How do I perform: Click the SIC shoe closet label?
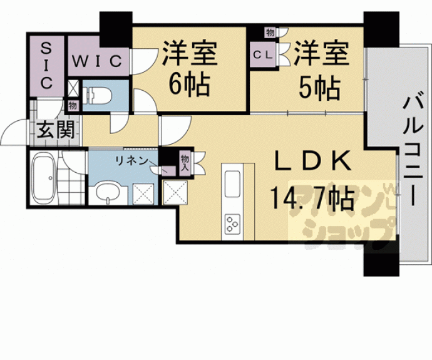pos(46,64)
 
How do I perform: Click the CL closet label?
pos(262,54)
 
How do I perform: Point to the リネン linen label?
pos(130,160)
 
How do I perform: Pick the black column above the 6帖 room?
pos(116,26)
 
